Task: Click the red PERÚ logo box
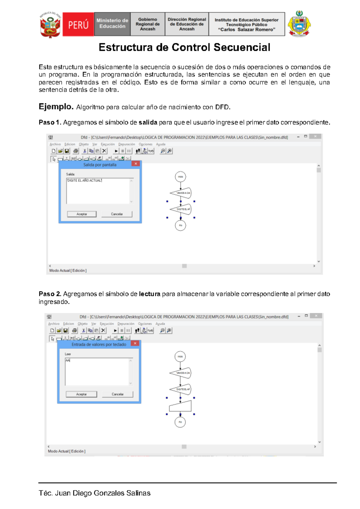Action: point(78,25)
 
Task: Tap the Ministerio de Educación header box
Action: point(112,24)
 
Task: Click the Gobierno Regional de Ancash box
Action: point(148,24)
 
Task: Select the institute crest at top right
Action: point(299,24)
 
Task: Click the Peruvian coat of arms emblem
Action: point(50,25)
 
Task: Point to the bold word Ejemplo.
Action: point(56,107)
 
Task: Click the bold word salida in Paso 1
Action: point(148,122)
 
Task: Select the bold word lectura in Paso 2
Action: point(149,294)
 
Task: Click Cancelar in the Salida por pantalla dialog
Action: point(117,214)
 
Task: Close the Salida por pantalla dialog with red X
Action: point(136,164)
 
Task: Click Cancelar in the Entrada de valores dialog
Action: point(117,394)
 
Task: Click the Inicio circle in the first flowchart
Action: point(180,177)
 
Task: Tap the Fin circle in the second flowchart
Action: point(180,422)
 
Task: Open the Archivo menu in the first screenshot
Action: point(55,144)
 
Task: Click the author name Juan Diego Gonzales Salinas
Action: point(103,493)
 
